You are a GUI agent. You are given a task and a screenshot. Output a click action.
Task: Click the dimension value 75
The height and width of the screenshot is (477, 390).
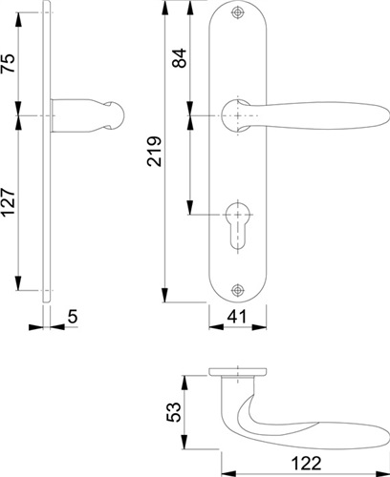(x=9, y=63)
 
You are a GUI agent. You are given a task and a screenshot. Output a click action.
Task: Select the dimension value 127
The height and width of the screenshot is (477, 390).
(x=9, y=202)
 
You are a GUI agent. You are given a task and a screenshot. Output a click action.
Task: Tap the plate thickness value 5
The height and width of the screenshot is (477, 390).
(x=73, y=317)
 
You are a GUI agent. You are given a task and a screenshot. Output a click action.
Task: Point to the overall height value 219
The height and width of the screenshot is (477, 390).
(x=155, y=152)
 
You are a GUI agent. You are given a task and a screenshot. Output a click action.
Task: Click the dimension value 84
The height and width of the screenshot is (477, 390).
(x=180, y=58)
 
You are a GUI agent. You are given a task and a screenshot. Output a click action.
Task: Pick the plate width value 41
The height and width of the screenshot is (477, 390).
(x=236, y=317)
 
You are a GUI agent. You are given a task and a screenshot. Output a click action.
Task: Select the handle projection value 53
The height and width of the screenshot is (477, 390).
(x=174, y=412)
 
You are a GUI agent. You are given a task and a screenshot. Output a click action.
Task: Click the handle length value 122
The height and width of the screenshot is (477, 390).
(x=307, y=463)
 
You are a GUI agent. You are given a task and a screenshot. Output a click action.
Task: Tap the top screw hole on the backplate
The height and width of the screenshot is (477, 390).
(x=237, y=12)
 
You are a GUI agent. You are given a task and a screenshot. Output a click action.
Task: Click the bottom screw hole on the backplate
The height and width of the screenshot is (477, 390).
(x=237, y=290)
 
